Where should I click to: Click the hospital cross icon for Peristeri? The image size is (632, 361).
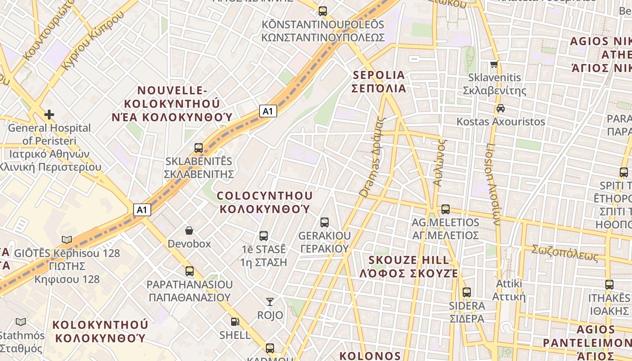49,115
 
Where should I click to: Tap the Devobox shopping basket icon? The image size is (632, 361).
190,231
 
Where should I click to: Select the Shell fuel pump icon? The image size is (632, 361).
235,322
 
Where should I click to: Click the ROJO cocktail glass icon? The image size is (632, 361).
270,301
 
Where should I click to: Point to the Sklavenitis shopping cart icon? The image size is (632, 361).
494,64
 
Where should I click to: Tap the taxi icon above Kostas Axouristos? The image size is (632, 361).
500,108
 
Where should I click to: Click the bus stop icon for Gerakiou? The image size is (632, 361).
324,222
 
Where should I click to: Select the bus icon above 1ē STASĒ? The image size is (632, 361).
264,236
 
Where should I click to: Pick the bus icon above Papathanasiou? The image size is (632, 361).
190,271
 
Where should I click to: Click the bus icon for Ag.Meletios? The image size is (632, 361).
446,209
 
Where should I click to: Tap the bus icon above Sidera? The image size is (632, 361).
466,292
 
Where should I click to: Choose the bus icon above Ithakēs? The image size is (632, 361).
609,285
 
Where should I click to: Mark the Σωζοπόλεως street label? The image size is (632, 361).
565,254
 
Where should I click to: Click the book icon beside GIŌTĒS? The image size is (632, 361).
67,240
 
